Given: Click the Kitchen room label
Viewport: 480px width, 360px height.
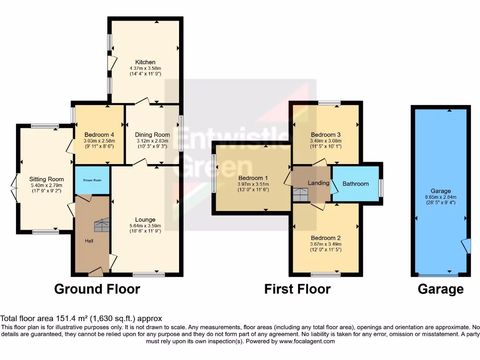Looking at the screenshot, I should coord(145,62).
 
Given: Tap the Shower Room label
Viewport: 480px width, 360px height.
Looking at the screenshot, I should coord(92,180).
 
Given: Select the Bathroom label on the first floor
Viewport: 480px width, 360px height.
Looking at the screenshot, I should coord(355,184).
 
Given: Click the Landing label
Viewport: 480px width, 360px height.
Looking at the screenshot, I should coord(318,183).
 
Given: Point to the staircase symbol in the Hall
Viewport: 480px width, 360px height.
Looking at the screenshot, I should coord(102,225).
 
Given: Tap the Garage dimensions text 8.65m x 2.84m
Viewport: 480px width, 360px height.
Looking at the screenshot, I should coord(441,197).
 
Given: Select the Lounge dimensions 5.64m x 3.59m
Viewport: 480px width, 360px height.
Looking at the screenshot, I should coord(145,225).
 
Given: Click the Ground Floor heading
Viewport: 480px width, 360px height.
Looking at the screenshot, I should coord(97,289).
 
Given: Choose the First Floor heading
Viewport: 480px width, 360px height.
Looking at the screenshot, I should coord(297,289).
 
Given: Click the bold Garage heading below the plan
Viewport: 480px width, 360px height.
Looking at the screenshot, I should coord(441,289).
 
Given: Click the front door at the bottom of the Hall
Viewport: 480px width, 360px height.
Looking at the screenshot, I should coord(96,270).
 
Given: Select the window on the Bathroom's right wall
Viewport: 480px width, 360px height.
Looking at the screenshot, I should coord(381,188).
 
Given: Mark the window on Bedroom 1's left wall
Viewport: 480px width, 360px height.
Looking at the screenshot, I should coord(213,173).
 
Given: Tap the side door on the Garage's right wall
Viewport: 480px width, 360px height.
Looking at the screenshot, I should coord(466,246).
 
